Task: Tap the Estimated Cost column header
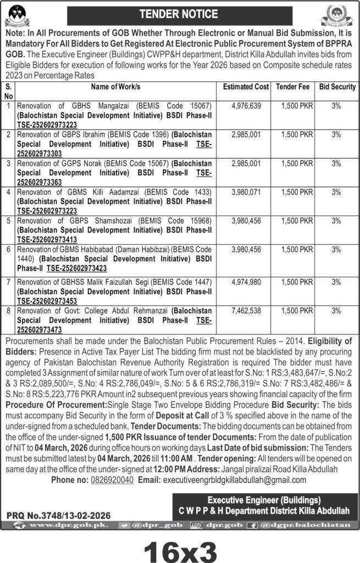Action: point(246,87)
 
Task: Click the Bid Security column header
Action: point(337,87)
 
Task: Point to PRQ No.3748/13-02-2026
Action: point(59,516)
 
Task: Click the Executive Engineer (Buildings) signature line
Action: point(264,500)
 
